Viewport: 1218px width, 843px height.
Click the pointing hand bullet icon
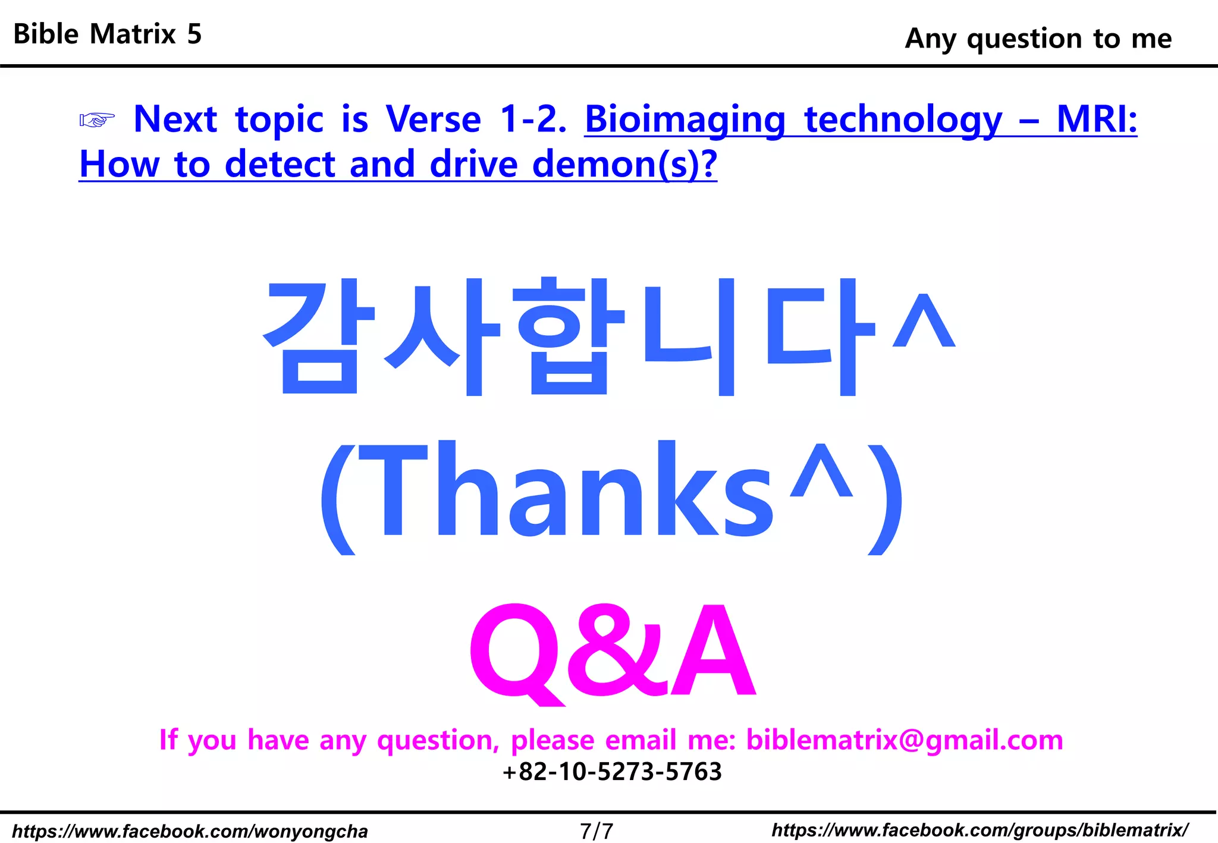point(97,120)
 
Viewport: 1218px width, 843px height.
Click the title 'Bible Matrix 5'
point(108,34)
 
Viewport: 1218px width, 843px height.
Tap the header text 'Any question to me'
point(1038,39)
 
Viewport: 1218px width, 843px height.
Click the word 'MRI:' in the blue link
point(1096,119)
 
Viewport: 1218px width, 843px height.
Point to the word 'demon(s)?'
point(624,164)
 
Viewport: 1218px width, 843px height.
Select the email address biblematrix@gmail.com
point(904,740)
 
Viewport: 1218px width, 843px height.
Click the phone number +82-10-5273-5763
point(612,772)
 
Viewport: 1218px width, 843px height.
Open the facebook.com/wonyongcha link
point(190,831)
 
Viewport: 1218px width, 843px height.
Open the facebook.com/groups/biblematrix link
point(980,830)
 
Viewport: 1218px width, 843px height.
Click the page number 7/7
point(597,831)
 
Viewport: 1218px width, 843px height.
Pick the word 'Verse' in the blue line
point(433,119)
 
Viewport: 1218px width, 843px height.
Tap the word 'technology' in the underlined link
point(903,119)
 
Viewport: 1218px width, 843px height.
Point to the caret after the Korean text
point(924,321)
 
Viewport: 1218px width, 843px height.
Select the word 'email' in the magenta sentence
point(641,740)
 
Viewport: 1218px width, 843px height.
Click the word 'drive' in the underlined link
point(473,164)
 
